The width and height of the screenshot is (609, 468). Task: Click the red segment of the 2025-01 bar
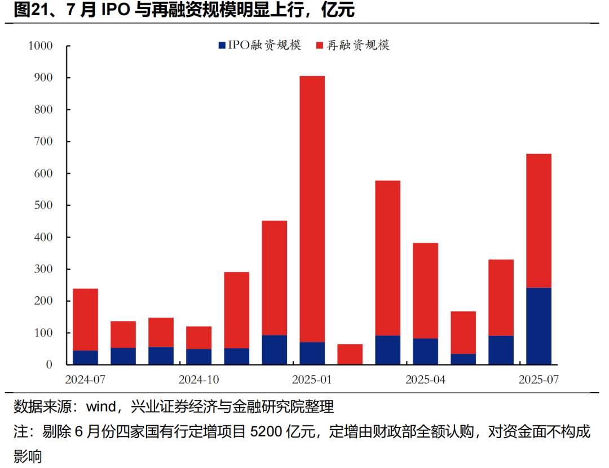tap(312, 208)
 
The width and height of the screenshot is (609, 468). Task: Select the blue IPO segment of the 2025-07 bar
tap(539, 326)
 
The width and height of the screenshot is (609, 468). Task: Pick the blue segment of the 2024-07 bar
tap(85, 358)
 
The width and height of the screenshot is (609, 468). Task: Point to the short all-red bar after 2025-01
tap(350, 354)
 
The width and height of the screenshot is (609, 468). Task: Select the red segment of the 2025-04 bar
tap(425, 291)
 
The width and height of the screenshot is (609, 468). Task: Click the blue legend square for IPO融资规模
tap(222, 45)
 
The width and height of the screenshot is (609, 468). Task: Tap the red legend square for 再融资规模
tap(320, 45)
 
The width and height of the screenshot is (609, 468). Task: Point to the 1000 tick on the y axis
tap(40, 46)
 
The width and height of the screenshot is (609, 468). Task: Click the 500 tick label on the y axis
tap(43, 206)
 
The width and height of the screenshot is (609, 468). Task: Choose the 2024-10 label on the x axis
tap(198, 380)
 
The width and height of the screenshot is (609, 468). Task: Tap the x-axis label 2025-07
tap(539, 380)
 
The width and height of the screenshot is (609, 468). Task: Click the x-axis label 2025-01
tap(312, 380)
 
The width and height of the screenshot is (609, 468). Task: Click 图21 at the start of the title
tap(27, 10)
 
